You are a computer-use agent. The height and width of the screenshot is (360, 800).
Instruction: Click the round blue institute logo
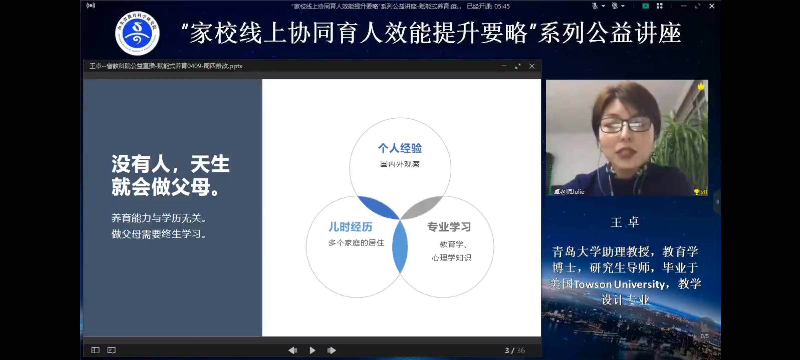[x=137, y=33]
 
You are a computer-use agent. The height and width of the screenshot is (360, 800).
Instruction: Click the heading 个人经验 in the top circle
[x=400, y=148]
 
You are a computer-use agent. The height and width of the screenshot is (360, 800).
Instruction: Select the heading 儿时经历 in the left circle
[x=350, y=227]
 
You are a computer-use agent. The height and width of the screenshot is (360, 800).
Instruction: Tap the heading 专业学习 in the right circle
[x=449, y=227]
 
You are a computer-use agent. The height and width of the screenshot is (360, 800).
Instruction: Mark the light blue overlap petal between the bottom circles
[x=400, y=247]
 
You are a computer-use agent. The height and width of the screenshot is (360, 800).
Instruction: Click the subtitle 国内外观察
[x=400, y=164]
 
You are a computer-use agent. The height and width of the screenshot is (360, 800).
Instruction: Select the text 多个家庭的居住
[x=356, y=243]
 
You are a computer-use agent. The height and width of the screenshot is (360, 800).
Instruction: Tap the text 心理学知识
[x=451, y=258]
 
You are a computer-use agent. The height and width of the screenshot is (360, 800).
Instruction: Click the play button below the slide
[x=312, y=350]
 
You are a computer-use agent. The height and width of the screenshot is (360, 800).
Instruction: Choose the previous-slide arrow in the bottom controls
[x=293, y=350]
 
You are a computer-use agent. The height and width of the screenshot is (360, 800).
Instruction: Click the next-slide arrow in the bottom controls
[x=332, y=350]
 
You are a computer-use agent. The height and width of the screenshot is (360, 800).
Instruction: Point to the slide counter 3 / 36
[x=515, y=350]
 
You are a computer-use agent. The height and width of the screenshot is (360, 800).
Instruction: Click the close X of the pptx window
[x=532, y=66]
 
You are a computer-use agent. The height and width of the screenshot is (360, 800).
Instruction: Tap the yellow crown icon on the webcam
[x=701, y=87]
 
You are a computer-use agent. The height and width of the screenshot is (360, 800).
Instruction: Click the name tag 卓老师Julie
[x=569, y=192]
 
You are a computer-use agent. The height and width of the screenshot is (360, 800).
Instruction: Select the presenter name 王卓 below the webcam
[x=625, y=222]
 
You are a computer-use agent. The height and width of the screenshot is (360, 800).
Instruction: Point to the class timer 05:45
[x=502, y=6]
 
